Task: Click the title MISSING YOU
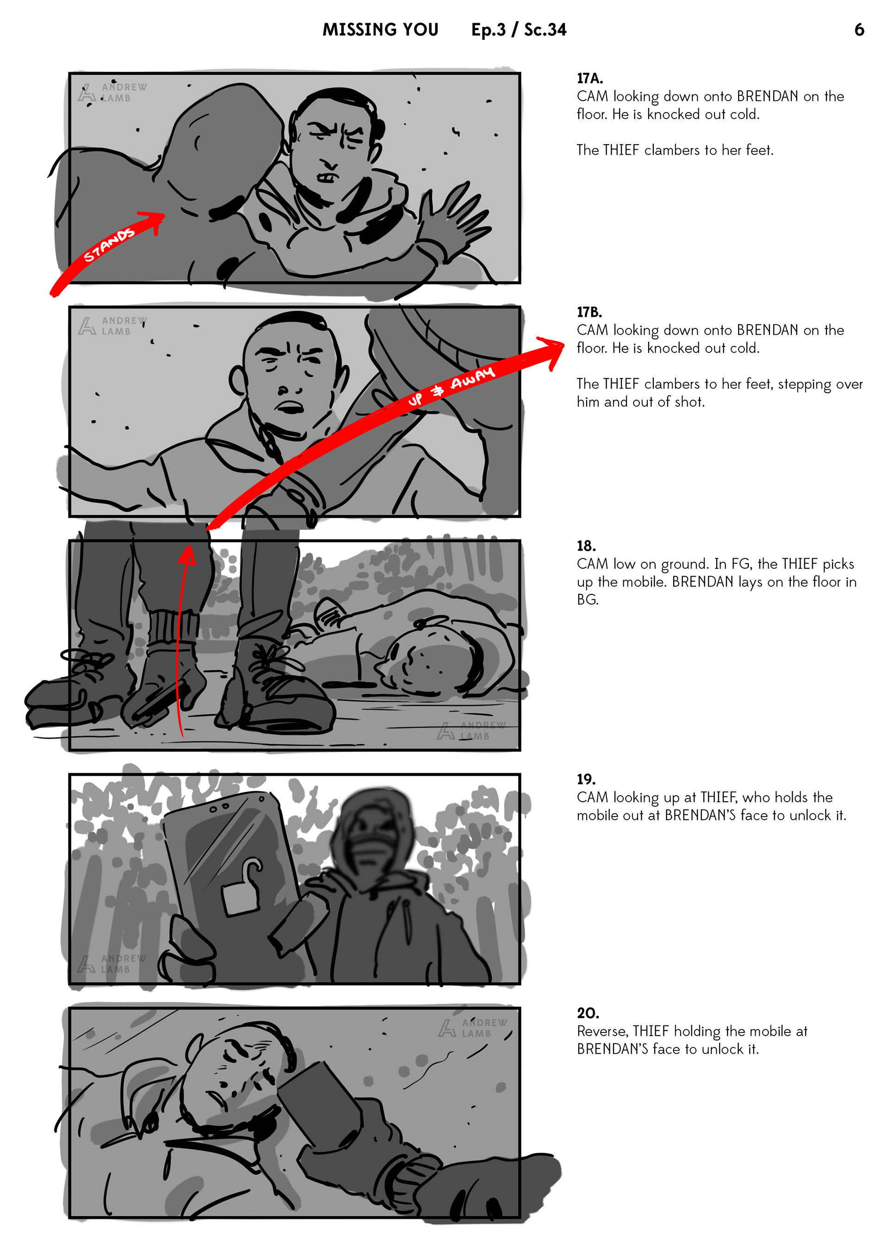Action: [x=380, y=30]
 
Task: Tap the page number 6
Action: [x=859, y=30]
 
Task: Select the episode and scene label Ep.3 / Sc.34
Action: [x=519, y=30]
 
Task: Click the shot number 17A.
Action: [x=589, y=78]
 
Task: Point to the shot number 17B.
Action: [x=589, y=312]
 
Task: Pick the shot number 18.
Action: [x=586, y=546]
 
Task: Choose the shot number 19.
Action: [x=586, y=779]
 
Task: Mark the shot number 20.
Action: [x=588, y=1013]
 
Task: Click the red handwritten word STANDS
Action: [x=108, y=245]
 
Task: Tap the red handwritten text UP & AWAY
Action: [x=451, y=386]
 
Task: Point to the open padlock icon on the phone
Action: [x=242, y=889]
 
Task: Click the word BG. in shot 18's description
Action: [x=588, y=600]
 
